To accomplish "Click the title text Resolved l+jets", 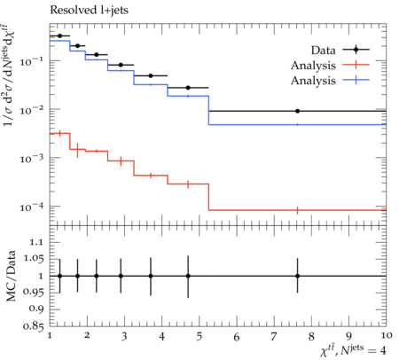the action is pos(89,11).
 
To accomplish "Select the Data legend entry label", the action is pos(324,51).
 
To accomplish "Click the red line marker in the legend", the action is pos(356,65).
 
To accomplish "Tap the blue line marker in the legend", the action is pos(356,80).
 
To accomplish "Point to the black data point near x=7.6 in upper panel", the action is pos(298,111).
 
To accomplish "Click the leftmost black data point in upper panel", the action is pos(60,35).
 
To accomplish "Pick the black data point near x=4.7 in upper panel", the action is pos(188,88).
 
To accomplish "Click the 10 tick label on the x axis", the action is pos(386,335).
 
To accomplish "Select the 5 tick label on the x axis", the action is pos(199,336).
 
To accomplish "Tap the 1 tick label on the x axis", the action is pos(50,335).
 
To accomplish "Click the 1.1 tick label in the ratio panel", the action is pos(36,243).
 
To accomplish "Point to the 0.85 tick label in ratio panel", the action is pos(34,326).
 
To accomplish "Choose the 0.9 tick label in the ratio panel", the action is pos(36,309).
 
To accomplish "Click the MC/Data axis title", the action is pos(11,276).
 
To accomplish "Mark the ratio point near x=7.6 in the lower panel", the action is pos(298,276).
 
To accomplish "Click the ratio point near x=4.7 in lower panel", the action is pos(188,276).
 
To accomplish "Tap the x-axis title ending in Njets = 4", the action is pos(353,350).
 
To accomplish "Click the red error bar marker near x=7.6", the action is pos(298,210).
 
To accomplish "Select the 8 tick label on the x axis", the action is pos(311,335).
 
